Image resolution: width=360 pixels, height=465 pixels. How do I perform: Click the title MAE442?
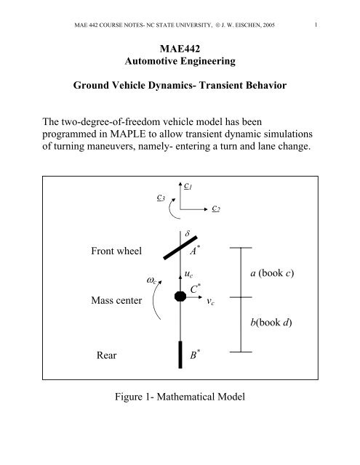coord(180,49)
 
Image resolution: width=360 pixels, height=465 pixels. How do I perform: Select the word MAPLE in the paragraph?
coord(127,134)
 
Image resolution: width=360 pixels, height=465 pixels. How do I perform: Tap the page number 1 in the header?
coord(316,25)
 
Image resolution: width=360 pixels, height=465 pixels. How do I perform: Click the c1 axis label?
coord(188,186)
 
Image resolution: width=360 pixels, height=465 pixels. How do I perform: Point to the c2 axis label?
coord(216,209)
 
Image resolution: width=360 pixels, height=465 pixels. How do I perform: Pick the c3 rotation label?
coord(161,198)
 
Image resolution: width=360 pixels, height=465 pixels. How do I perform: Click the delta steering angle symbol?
coord(187,233)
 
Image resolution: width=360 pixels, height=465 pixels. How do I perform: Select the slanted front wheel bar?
coord(180,248)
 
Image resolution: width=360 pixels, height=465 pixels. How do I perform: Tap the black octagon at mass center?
coord(180,296)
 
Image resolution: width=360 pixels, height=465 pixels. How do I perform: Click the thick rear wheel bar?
coord(180,355)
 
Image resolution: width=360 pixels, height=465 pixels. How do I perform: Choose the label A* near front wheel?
coord(195,251)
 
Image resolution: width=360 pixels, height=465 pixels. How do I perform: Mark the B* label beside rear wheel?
coord(195,355)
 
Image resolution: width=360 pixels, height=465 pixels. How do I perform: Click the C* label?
coord(195,288)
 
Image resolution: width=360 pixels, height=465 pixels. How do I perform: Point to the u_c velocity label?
coord(188,275)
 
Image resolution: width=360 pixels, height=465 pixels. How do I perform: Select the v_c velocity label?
coord(210,302)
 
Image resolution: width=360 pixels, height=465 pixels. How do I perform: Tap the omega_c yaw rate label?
coord(151,280)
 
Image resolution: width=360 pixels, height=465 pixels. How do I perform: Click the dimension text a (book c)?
coord(272,273)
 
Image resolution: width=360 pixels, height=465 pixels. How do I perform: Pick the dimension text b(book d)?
coord(271,323)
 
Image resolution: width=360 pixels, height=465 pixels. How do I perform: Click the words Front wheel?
coord(116,251)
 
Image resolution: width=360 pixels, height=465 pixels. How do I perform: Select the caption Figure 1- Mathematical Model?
coord(180,397)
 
